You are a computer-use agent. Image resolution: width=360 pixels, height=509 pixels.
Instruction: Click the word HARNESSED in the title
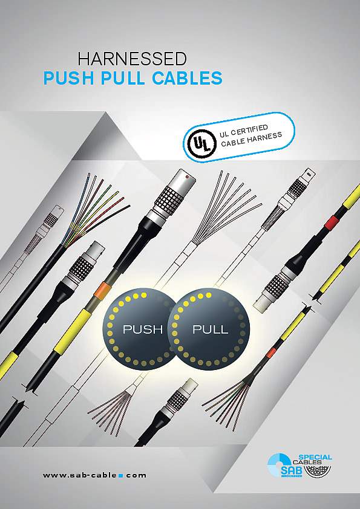pos(132,59)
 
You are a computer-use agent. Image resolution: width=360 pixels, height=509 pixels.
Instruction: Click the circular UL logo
pos(200,143)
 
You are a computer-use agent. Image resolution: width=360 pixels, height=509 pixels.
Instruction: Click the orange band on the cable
pos(101,290)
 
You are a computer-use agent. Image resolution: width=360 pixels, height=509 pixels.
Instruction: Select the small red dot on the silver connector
pos(188,177)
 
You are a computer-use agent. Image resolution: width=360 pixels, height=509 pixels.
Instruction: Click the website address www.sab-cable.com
pos(94,475)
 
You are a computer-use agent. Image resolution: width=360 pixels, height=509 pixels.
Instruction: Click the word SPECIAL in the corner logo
pos(315,457)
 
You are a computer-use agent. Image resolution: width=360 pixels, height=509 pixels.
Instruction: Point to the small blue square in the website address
pos(121,476)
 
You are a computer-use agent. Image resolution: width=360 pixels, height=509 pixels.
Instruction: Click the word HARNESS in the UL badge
pos(264,138)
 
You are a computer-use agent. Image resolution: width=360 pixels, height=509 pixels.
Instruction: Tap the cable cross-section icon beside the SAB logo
pos(317,471)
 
